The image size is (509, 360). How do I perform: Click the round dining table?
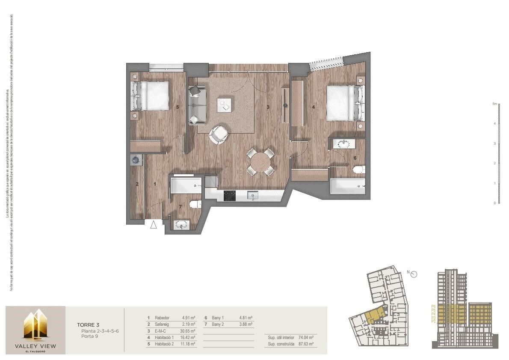(x=260, y=162)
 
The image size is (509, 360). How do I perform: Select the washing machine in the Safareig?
(x=136, y=160)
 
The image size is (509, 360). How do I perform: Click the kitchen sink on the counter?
(x=253, y=196)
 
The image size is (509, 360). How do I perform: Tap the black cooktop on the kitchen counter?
(x=230, y=196)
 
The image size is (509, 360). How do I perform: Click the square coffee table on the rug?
(x=224, y=104)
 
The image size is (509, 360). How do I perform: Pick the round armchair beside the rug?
(x=219, y=134)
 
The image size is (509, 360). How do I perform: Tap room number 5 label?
(x=177, y=107)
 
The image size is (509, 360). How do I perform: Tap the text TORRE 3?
(x=88, y=325)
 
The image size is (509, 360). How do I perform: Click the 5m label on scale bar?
(x=494, y=104)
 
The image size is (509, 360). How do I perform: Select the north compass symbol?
(x=414, y=274)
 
